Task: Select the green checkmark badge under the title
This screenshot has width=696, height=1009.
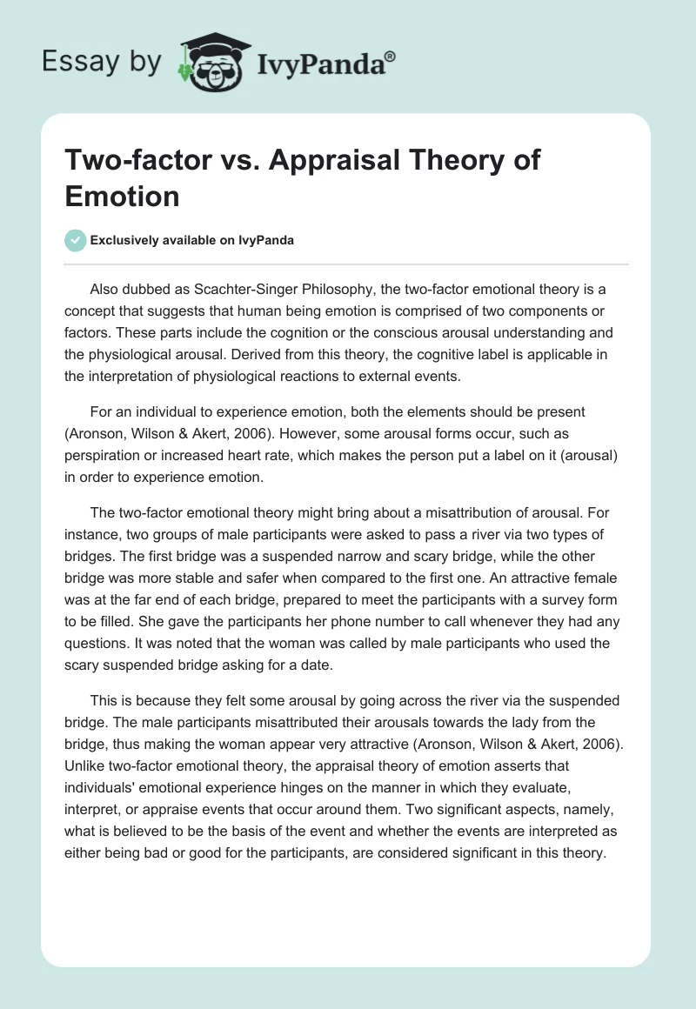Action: pos(76,240)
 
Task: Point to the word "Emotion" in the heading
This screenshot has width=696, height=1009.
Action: pos(123,196)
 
